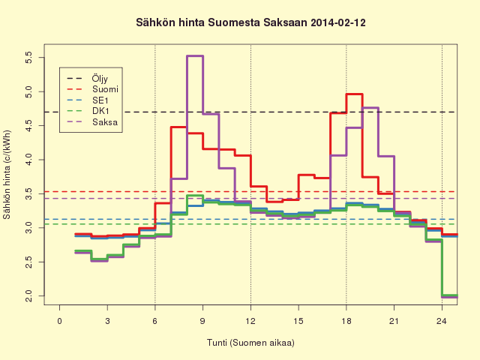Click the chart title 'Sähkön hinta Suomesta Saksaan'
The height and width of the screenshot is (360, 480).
coord(222,22)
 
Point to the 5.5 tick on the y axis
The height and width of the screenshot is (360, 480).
coord(28,57)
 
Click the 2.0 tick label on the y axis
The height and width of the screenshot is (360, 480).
coord(28,296)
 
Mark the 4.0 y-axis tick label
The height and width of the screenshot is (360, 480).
coord(28,160)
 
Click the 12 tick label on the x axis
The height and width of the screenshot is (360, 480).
coord(250,321)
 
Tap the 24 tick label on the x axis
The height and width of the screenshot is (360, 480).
coord(442,321)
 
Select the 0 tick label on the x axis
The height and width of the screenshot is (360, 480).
coord(60,321)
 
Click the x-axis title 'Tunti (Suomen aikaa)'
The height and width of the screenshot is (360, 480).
coord(250,342)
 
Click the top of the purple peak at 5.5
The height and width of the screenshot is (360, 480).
coord(195,56)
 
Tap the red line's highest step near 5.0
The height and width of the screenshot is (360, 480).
coord(354,94)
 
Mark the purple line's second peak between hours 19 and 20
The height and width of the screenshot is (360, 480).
coord(370,107)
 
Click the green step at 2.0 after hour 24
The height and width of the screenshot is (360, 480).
coord(450,295)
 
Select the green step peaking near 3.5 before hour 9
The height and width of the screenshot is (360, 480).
coord(195,195)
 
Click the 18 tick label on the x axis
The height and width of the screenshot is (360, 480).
coord(346,321)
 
